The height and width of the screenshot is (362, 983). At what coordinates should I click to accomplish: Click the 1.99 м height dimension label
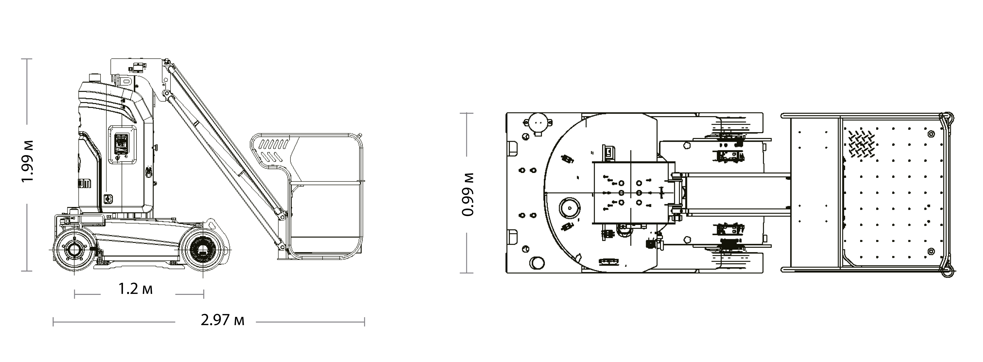click(28, 161)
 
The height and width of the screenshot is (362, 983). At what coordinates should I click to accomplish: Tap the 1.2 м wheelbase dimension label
click(135, 289)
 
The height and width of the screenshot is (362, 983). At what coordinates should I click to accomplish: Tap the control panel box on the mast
click(122, 145)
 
